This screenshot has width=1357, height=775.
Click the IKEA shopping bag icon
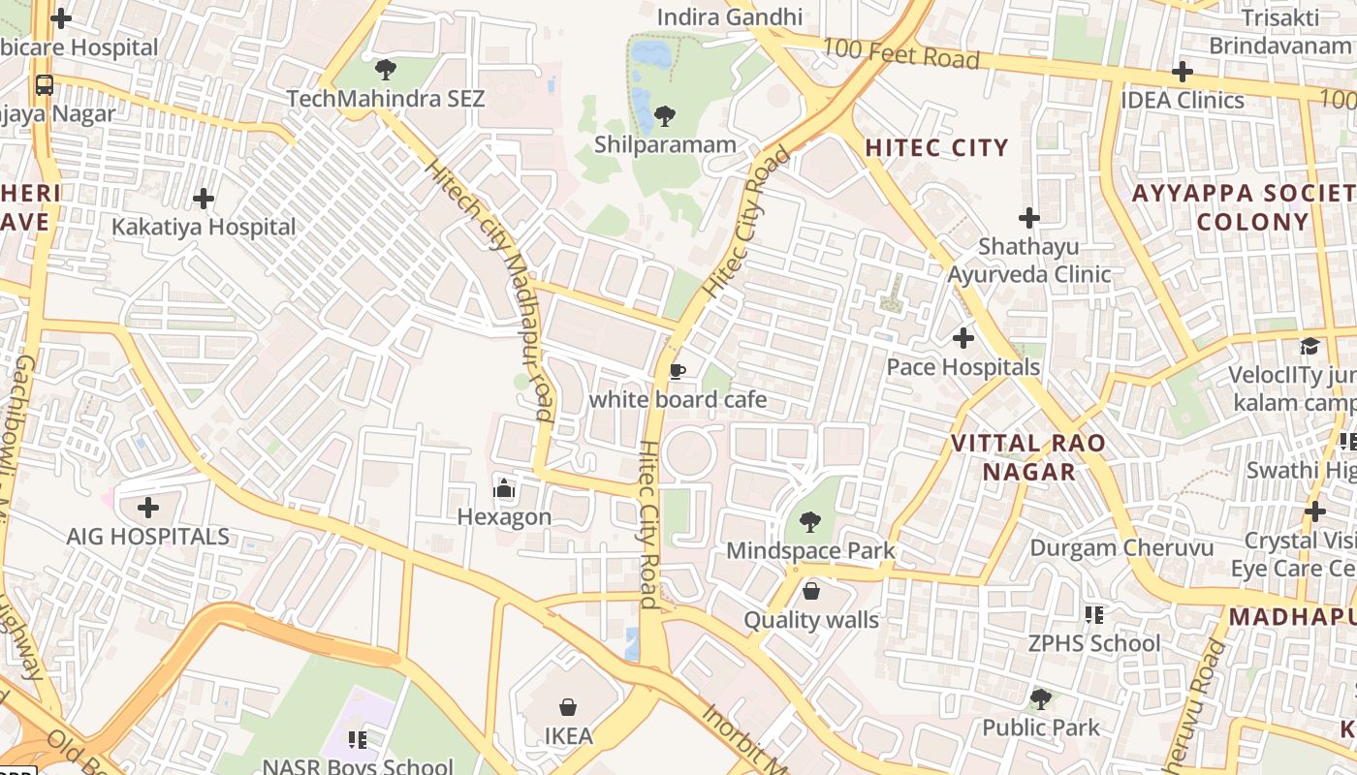click(568, 708)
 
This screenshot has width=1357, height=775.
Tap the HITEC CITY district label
click(936, 147)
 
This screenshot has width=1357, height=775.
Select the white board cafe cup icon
click(678, 371)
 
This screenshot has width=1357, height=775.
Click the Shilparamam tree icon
click(664, 116)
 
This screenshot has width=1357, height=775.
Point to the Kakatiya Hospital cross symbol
click(204, 199)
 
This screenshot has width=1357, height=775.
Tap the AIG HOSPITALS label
click(148, 537)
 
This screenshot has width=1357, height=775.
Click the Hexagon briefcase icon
click(503, 488)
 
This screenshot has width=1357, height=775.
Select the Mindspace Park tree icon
click(810, 523)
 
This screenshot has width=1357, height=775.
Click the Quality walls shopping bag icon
click(811, 590)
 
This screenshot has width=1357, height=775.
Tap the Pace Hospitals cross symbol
click(963, 338)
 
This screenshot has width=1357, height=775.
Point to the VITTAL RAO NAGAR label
click(1028, 457)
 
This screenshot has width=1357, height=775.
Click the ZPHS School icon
click(1094, 614)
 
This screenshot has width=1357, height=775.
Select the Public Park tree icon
click(1041, 698)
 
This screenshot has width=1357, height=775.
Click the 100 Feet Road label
click(900, 54)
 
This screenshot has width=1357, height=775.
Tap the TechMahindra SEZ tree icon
click(385, 70)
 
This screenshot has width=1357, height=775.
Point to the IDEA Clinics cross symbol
click(1182, 72)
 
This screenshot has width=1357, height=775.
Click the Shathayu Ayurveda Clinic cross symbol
click(1029, 218)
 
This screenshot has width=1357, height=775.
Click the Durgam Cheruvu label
click(1121, 547)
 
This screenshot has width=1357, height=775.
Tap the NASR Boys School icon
click(358, 740)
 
